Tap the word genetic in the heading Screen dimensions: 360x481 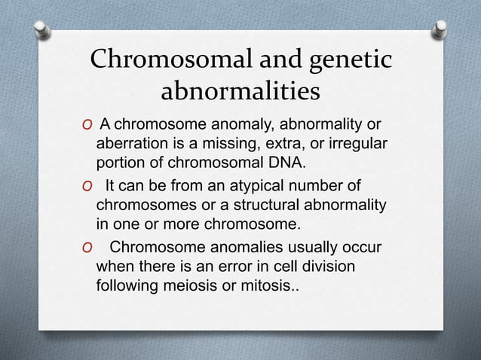[x=345, y=61]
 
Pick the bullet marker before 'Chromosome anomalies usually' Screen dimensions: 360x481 [x=87, y=249]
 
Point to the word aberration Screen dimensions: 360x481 [x=132, y=144]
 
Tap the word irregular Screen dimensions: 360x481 [x=354, y=144]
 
